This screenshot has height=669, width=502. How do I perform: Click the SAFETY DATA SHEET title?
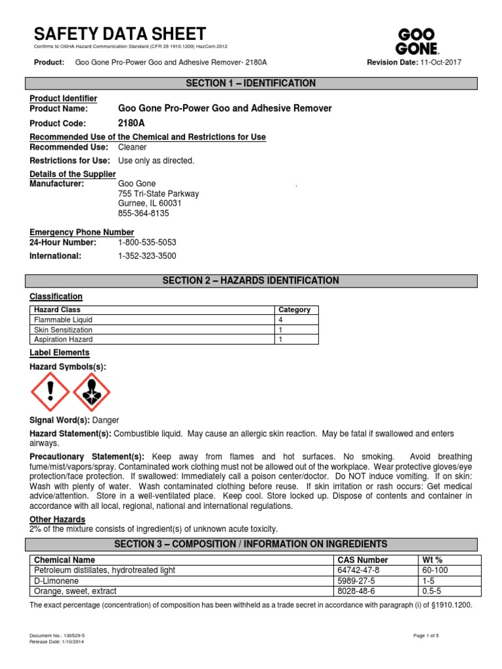click(119, 34)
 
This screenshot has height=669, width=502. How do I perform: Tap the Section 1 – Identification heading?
click(251, 84)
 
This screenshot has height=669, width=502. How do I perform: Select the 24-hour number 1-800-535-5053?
click(147, 242)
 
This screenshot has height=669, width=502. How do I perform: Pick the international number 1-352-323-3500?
click(147, 256)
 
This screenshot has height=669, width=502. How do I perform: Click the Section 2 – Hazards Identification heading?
click(251, 281)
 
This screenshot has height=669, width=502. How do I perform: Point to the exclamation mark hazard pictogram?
click(50, 392)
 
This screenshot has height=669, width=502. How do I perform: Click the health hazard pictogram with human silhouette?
click(92, 392)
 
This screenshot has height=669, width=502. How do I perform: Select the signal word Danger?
click(105, 420)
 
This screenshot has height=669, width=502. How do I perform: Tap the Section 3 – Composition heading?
click(251, 544)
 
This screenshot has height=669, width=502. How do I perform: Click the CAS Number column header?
click(362, 560)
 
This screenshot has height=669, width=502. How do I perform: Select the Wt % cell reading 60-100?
click(435, 570)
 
